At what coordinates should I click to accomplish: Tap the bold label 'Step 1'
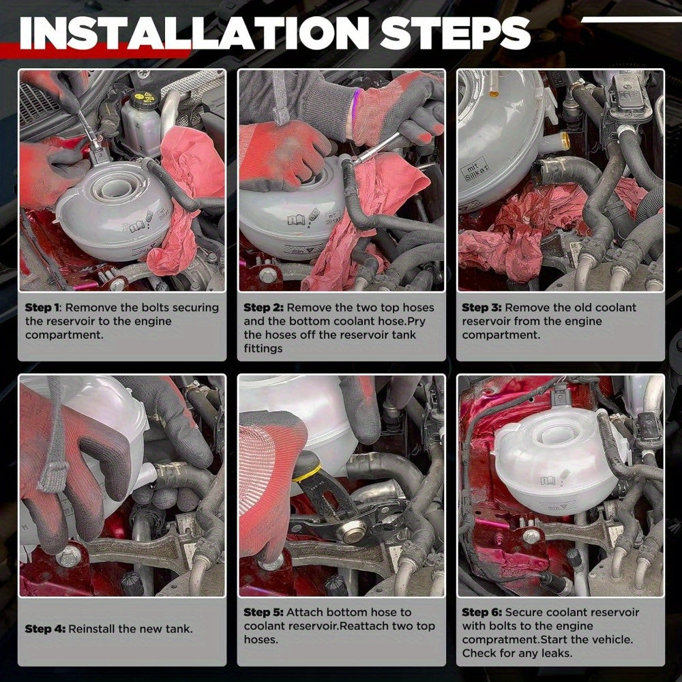[42, 308]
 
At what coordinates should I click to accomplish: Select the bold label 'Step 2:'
[263, 308]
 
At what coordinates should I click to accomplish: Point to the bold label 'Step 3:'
[481, 308]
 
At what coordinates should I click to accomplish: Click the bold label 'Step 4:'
[45, 629]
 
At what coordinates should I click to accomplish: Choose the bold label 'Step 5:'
[263, 612]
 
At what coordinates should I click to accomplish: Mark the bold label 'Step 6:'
[481, 612]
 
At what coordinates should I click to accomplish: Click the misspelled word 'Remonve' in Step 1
[91, 308]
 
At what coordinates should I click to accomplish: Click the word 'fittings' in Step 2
[263, 349]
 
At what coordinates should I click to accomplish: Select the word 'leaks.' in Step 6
[557, 653]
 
